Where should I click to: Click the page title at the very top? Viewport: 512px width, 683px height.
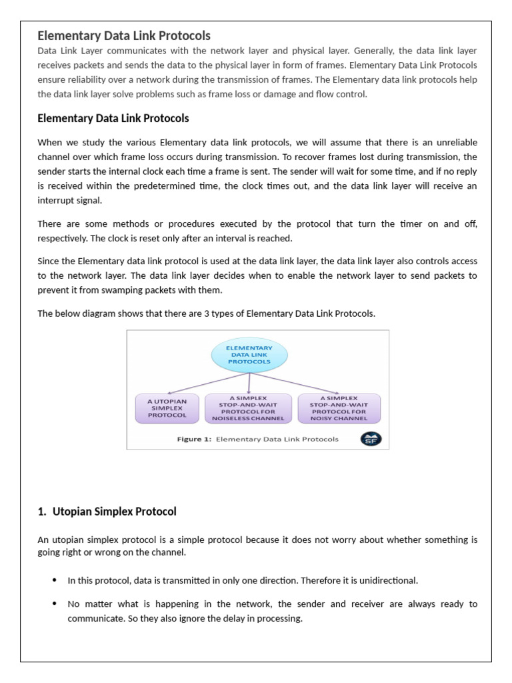pyautogui.click(x=124, y=35)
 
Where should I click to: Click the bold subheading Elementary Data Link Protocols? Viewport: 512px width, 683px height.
pyautogui.click(x=113, y=118)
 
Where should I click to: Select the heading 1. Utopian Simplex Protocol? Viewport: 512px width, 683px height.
pyautogui.click(x=107, y=512)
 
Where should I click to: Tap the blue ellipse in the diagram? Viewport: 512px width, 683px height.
pyautogui.click(x=250, y=355)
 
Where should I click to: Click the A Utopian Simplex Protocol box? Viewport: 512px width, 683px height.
pyautogui.click(x=167, y=408)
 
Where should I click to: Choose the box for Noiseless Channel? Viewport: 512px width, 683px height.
pyautogui.click(x=249, y=408)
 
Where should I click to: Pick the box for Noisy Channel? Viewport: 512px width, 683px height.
pyautogui.click(x=339, y=408)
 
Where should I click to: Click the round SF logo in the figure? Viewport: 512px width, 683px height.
pyautogui.click(x=371, y=439)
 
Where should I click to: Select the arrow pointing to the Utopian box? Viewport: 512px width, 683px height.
pyautogui.click(x=200, y=384)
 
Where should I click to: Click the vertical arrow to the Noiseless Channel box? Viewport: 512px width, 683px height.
pyautogui.click(x=249, y=382)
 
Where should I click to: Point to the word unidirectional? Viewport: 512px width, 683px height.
pyautogui.click(x=389, y=580)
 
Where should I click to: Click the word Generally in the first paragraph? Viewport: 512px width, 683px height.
pyautogui.click(x=373, y=51)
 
